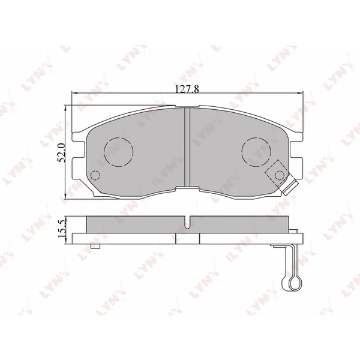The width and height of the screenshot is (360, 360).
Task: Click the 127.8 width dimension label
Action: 187,89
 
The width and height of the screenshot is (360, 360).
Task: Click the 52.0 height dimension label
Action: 62,152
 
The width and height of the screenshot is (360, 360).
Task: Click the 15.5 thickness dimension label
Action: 62,229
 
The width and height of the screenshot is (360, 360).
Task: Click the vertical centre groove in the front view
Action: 187,147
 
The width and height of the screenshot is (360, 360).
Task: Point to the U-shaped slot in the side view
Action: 188,222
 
